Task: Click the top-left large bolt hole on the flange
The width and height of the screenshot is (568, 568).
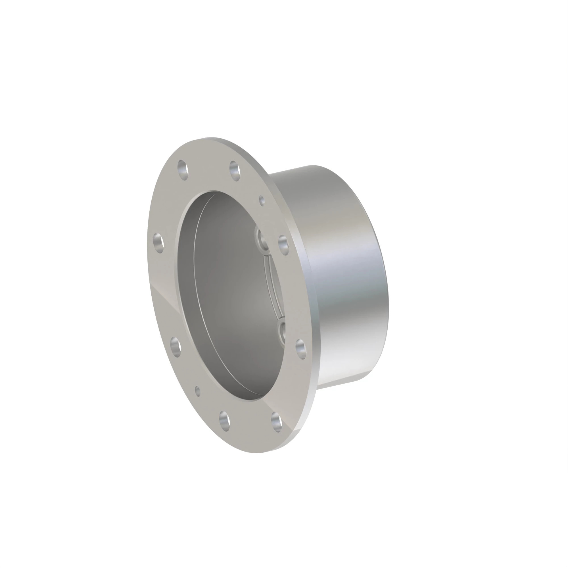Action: point(183,170)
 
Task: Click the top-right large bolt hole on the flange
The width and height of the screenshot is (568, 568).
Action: point(235,171)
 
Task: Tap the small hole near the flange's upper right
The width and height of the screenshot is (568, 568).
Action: point(262,201)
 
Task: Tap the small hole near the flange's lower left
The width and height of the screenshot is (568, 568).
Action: point(198,391)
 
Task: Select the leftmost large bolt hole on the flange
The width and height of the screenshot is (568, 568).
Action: point(159,243)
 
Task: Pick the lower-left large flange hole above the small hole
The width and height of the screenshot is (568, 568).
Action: point(176,347)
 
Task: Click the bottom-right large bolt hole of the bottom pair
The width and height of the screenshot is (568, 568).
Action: point(276,422)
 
